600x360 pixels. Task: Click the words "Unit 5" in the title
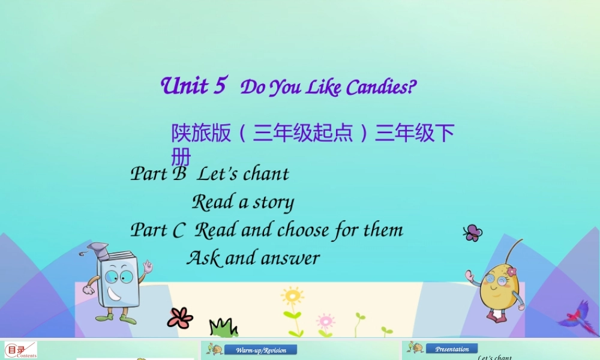193,86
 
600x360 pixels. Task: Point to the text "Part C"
157,230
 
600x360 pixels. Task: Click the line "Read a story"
242,202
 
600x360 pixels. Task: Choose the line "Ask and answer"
253,259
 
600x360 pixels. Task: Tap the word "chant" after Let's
266,174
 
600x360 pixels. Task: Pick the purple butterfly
473,233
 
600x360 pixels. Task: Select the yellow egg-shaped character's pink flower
511,271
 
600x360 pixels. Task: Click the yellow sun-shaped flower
292,296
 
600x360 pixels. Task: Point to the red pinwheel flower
180,317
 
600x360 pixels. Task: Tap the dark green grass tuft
223,328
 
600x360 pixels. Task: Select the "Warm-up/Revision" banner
260,350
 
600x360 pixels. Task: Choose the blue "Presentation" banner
452,349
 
